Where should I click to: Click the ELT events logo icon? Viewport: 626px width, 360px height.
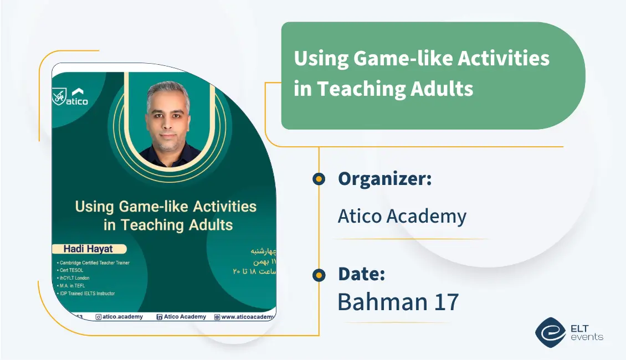pyautogui.click(x=550, y=332)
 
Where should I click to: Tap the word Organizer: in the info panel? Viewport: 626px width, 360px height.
pyautogui.click(x=384, y=179)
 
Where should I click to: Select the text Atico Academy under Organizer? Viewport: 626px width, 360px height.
pyautogui.click(x=402, y=216)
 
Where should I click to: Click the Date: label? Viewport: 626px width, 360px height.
pyautogui.click(x=361, y=274)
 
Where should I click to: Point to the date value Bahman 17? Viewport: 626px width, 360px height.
pyautogui.click(x=398, y=302)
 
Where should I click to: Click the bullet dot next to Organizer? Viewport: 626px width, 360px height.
pyautogui.click(x=319, y=179)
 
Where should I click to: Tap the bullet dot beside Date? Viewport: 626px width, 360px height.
pyautogui.click(x=319, y=275)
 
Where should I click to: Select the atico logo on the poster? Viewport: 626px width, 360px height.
pyautogui.click(x=71, y=96)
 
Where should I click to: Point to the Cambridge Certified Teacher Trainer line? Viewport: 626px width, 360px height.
pyautogui.click(x=94, y=263)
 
